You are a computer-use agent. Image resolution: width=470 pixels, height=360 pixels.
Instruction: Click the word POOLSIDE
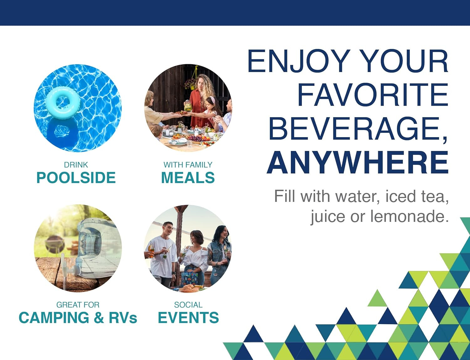(x=76, y=178)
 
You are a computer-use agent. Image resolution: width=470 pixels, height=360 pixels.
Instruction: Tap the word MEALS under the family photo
(x=188, y=178)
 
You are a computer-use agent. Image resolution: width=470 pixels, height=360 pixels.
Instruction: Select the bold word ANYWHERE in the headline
(x=358, y=162)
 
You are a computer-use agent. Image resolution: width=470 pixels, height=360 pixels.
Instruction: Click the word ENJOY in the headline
(x=299, y=61)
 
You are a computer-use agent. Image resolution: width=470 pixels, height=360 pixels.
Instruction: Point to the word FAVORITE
(x=373, y=95)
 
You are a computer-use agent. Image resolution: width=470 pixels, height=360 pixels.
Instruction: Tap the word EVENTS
(x=188, y=318)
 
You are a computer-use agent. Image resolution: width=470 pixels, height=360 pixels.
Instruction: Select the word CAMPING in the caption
(x=54, y=318)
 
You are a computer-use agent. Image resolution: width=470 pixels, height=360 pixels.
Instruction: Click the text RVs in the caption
(x=123, y=318)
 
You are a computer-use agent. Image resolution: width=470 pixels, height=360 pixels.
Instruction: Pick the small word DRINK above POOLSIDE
(x=76, y=165)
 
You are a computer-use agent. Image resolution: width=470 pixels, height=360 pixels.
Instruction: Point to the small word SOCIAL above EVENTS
(x=188, y=305)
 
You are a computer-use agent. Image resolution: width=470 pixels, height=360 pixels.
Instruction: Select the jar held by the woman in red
(x=188, y=106)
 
